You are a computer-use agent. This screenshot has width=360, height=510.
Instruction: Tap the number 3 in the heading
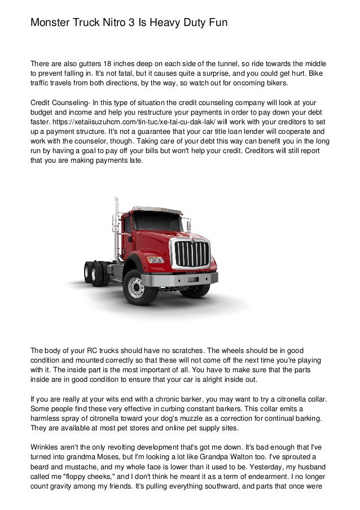[x=134, y=23]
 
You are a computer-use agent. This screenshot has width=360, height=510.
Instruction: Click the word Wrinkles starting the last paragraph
[x=46, y=444]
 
